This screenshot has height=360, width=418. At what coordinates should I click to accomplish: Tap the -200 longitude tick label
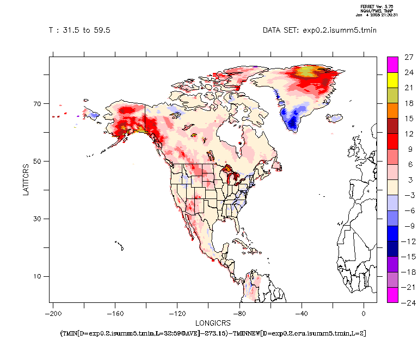[x=53, y=314]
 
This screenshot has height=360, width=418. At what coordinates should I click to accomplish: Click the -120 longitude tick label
[x=176, y=314]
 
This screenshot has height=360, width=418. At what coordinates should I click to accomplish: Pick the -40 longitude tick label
[x=301, y=314]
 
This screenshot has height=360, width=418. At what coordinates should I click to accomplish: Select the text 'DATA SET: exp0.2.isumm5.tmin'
[x=319, y=30]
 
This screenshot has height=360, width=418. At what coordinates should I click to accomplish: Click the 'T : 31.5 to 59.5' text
[x=79, y=30]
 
